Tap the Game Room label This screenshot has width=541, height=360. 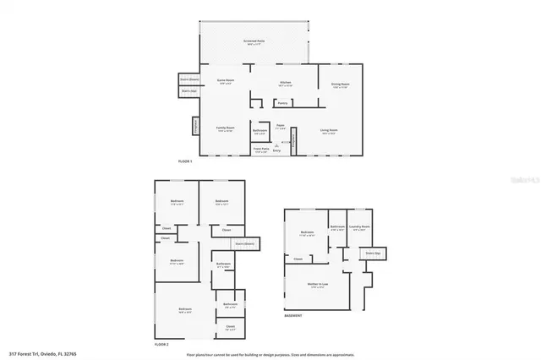pos(226,82)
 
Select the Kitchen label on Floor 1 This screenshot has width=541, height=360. pos(285,83)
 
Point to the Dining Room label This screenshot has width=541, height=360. pos(339,86)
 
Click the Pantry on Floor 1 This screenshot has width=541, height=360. pos(283,104)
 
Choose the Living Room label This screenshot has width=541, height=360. pos(329,131)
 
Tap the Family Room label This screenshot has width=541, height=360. pos(224,129)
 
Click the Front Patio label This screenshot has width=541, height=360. pos(260,150)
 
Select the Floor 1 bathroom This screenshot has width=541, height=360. pos(260,131)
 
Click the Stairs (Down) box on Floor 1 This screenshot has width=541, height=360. pos(189,79)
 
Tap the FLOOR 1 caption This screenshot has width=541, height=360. pos(185,161)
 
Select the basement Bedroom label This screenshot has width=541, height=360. pos(307,234)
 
